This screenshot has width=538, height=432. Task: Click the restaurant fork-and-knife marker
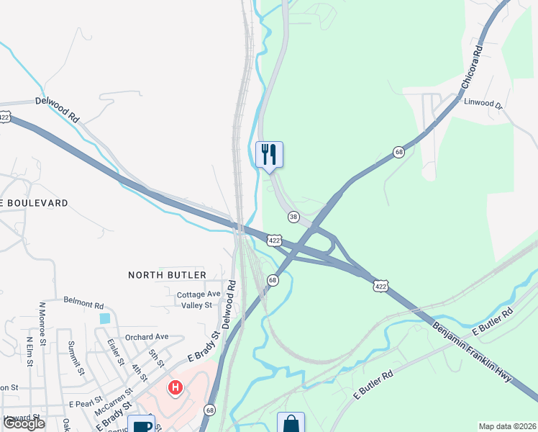pyautogui.click(x=270, y=154)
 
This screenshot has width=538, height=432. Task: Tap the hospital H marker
pyautogui.click(x=174, y=389)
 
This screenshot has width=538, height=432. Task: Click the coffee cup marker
pyautogui.click(x=140, y=425)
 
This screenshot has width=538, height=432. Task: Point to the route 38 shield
pyautogui.click(x=293, y=217)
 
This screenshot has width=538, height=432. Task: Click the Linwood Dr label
pyautogui.click(x=483, y=103)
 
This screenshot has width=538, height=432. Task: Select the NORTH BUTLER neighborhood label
pyautogui.click(x=167, y=275)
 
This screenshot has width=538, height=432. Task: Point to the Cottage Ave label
pyautogui.click(x=199, y=294)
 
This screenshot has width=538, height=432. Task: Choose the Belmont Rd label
pyautogui.click(x=84, y=300)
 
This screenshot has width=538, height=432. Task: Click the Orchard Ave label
pyautogui.click(x=146, y=336)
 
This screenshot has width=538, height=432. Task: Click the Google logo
pyautogui.click(x=24, y=424)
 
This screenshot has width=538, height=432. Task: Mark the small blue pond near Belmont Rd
pyautogui.click(x=106, y=318)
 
